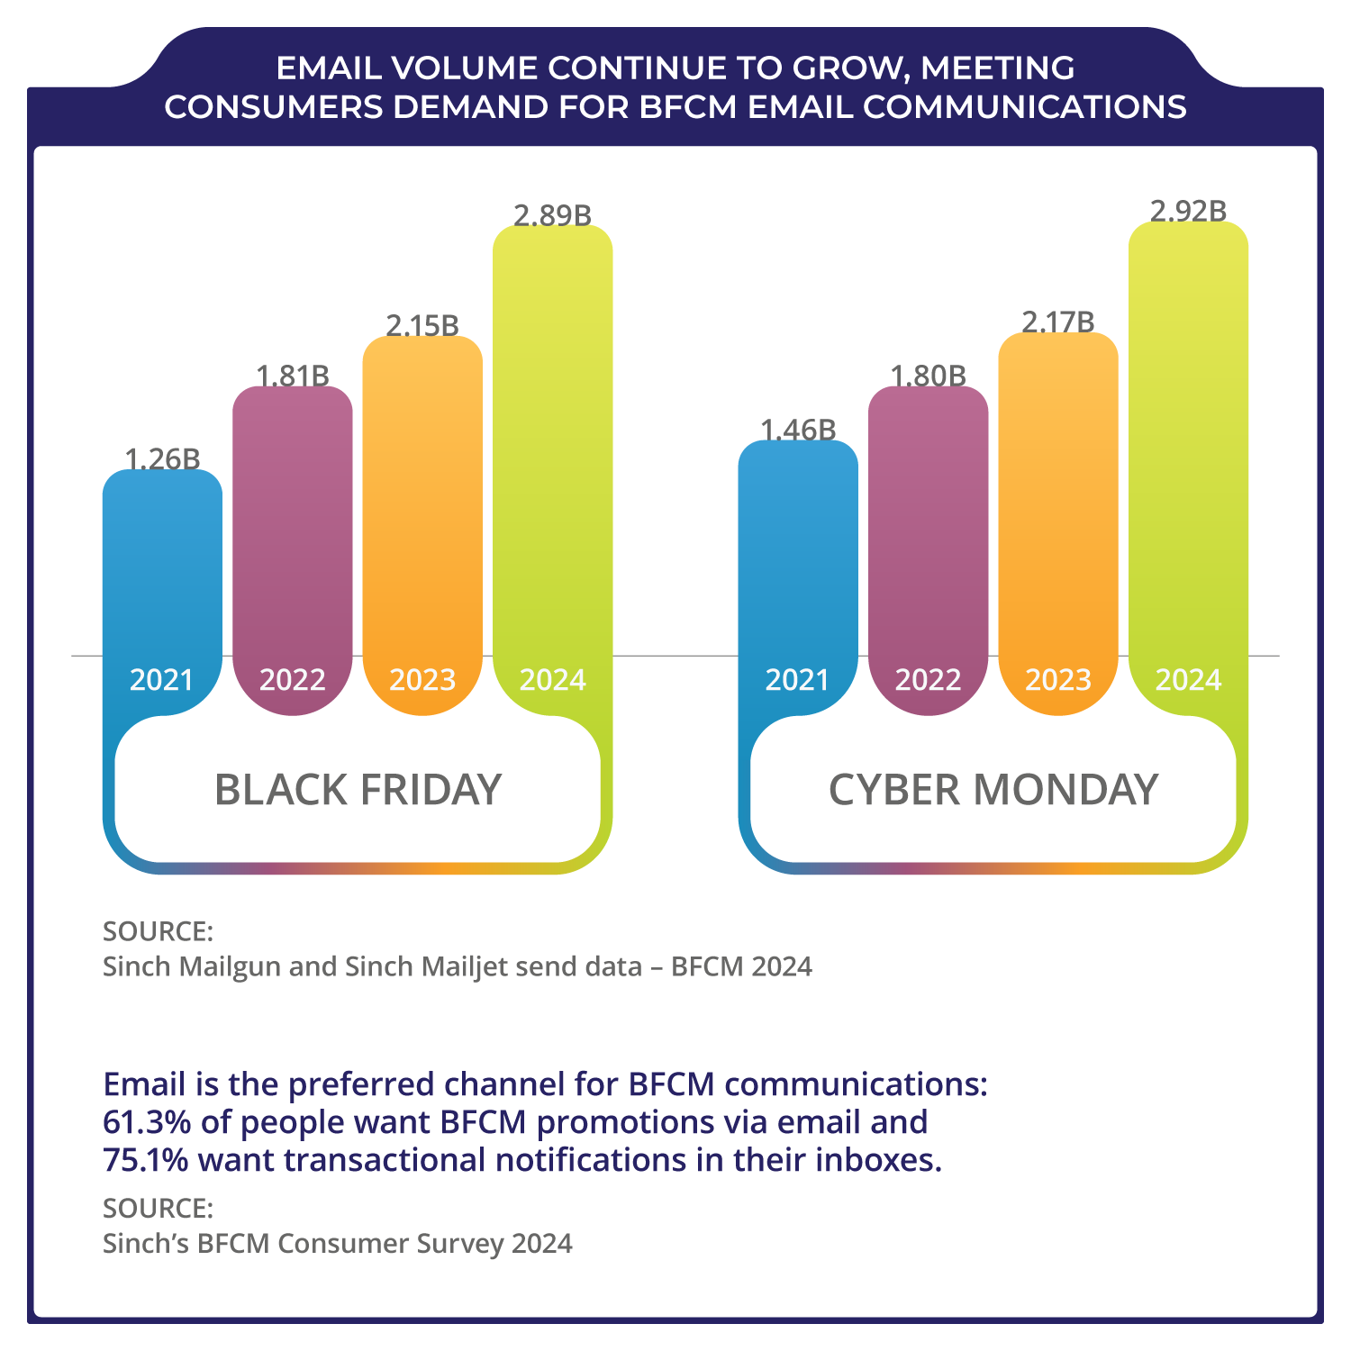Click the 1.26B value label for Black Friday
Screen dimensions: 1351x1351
(162, 459)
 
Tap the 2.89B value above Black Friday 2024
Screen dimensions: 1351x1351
(552, 216)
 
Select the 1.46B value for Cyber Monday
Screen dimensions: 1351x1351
(798, 431)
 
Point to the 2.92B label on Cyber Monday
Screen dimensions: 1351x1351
(1188, 211)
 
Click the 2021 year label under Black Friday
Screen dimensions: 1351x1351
(162, 679)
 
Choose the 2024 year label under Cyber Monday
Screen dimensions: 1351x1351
(1188, 679)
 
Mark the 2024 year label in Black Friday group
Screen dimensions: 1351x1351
(552, 679)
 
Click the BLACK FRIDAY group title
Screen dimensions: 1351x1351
(358, 790)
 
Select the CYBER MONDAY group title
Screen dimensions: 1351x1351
(993, 790)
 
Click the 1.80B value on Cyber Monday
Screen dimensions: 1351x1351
(928, 376)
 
